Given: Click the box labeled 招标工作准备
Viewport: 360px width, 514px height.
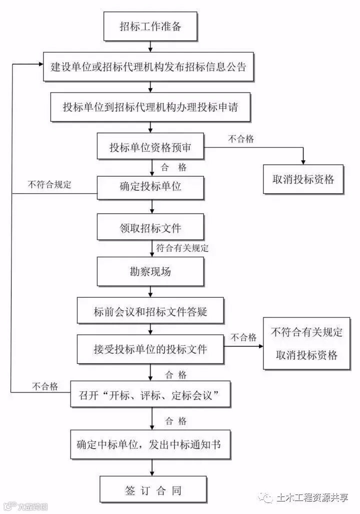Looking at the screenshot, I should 150,26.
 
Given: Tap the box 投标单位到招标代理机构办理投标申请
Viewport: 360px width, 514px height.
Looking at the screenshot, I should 150,107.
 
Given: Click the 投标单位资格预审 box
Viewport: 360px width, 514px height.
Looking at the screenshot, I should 150,147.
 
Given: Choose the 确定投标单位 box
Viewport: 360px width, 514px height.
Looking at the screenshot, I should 150,187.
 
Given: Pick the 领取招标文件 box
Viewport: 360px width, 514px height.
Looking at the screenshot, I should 150,228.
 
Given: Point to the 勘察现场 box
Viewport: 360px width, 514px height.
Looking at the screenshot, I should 150,272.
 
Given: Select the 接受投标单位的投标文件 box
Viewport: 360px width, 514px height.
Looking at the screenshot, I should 150,349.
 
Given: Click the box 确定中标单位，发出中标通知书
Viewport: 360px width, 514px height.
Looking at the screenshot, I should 150,444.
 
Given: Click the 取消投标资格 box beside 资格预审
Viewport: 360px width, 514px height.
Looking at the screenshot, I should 303,179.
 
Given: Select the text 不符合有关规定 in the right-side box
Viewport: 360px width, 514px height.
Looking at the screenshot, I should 306,332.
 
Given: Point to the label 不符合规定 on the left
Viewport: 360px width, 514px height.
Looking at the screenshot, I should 49,184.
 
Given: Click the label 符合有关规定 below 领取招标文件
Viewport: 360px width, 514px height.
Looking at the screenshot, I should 182,247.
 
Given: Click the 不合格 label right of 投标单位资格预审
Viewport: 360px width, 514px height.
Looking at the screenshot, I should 241,139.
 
